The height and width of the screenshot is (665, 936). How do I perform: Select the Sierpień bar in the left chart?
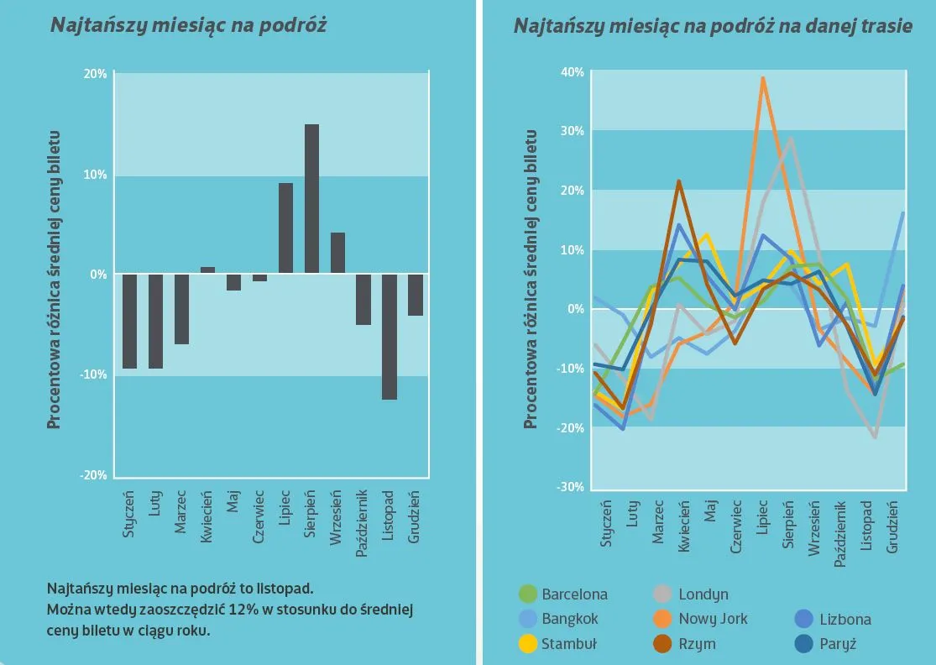pos(311,198)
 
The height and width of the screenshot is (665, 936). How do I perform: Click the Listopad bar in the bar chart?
pos(389,337)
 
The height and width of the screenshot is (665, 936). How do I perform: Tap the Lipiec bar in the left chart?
pos(285,228)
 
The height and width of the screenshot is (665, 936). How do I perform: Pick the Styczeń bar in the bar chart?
pos(129,322)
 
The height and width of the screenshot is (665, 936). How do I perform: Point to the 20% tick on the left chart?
pos(95,74)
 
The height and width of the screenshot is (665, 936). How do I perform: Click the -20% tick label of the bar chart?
pos(93,475)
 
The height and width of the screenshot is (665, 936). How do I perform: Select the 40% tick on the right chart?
pos(573,71)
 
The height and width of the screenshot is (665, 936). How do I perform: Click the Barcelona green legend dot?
pos(527,594)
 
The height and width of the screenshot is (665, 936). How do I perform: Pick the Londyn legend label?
pos(703,594)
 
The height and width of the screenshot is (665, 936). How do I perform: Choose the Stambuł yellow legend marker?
pos(527,644)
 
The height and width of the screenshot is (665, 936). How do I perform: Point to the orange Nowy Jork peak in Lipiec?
pos(763,78)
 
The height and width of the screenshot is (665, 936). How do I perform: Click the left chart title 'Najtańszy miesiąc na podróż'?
pos(188,25)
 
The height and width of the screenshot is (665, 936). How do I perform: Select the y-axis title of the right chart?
pos(530,279)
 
